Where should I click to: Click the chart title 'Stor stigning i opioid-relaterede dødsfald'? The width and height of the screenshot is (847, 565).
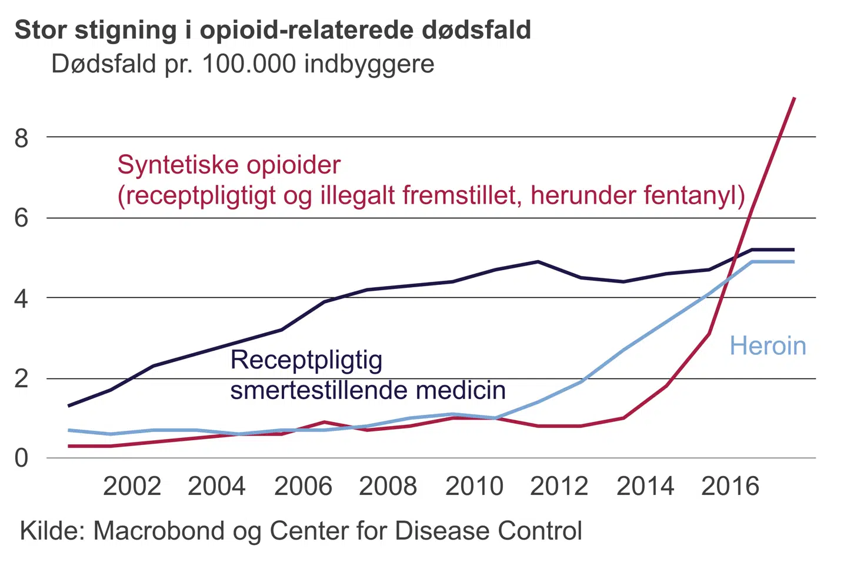(273, 29)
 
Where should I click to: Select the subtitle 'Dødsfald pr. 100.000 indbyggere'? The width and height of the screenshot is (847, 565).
(242, 64)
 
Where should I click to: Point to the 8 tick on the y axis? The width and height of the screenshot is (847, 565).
(21, 138)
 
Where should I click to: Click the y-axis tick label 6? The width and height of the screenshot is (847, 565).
(21, 218)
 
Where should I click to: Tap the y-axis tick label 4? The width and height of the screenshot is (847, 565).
(21, 299)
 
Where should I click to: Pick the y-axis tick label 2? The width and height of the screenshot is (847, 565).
(21, 378)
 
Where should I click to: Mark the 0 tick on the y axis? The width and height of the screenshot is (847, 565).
(21, 458)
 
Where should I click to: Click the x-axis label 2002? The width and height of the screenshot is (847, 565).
(132, 487)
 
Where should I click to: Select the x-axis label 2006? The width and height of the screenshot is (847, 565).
(303, 487)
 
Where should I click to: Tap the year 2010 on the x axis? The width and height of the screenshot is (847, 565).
(474, 487)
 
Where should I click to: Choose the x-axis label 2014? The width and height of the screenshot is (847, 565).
(645, 487)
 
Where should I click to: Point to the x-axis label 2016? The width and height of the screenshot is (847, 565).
(730, 487)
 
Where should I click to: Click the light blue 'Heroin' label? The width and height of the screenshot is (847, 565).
(768, 345)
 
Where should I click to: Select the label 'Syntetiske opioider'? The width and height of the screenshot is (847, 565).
(229, 165)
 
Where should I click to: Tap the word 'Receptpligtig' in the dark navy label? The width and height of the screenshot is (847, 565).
(306, 360)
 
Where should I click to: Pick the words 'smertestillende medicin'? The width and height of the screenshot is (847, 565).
(368, 390)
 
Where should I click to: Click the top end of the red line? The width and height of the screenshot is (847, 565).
(795, 98)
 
